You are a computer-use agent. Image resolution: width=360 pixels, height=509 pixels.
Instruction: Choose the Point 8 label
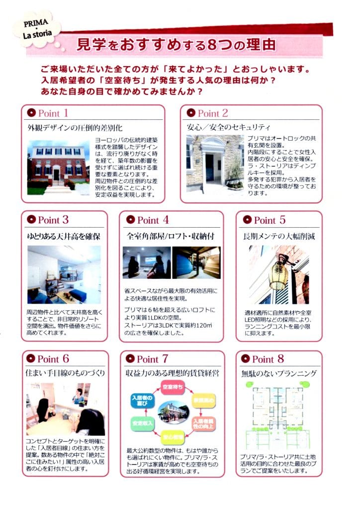click(x=268, y=359)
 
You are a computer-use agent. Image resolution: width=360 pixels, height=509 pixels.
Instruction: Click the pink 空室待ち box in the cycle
click(x=173, y=386)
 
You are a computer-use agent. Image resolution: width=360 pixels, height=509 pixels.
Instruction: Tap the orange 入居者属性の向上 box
click(x=204, y=423)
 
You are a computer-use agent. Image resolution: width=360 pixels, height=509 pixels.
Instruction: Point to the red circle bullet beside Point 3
click(x=31, y=219)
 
